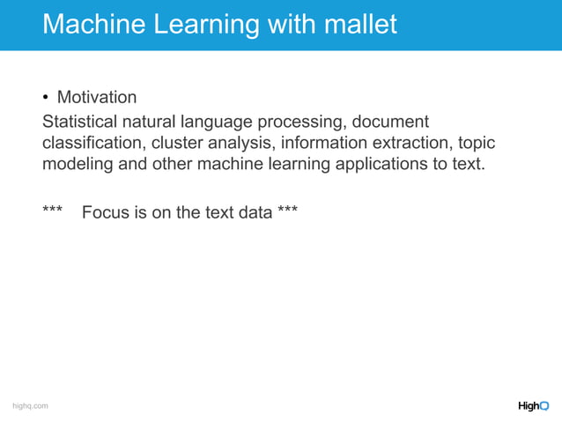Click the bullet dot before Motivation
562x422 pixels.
coord(47,97)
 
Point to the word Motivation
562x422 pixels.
coord(97,97)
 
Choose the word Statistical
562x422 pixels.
coord(84,121)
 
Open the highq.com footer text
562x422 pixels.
coord(29,405)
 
